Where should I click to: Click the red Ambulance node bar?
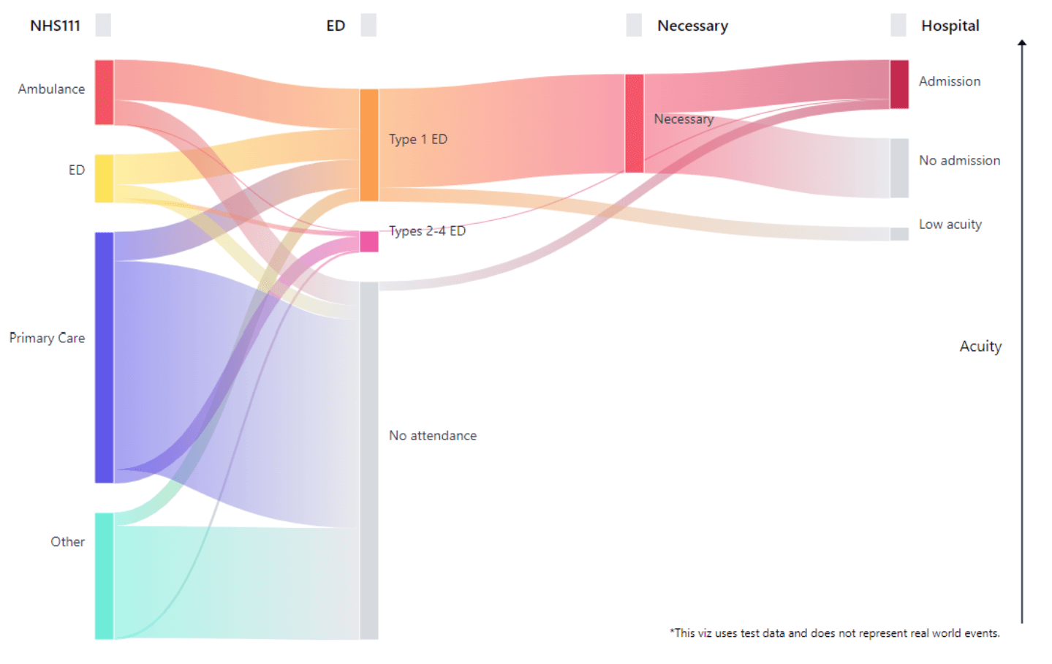click(x=104, y=92)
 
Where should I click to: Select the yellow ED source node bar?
click(x=104, y=178)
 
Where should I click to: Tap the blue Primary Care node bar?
click(x=104, y=358)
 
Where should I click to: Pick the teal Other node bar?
click(x=104, y=576)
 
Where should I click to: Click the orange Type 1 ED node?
click(x=368, y=145)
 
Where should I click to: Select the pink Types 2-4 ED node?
click(x=368, y=241)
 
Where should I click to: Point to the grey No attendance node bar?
click(x=368, y=461)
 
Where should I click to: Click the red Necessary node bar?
click(x=634, y=123)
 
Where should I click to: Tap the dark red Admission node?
click(x=898, y=84)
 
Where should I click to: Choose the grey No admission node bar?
click(x=898, y=168)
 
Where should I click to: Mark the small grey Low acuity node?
click(x=898, y=234)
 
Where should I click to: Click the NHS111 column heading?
click(x=55, y=26)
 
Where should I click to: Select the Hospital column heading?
click(x=950, y=26)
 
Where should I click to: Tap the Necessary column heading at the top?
click(x=692, y=26)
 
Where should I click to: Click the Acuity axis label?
click(x=980, y=346)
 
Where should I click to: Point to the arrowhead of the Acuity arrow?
click(x=1022, y=43)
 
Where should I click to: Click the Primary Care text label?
click(x=47, y=338)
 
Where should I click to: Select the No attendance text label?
click(x=432, y=435)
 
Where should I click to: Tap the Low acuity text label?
click(x=950, y=225)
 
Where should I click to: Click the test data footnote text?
click(x=834, y=633)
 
